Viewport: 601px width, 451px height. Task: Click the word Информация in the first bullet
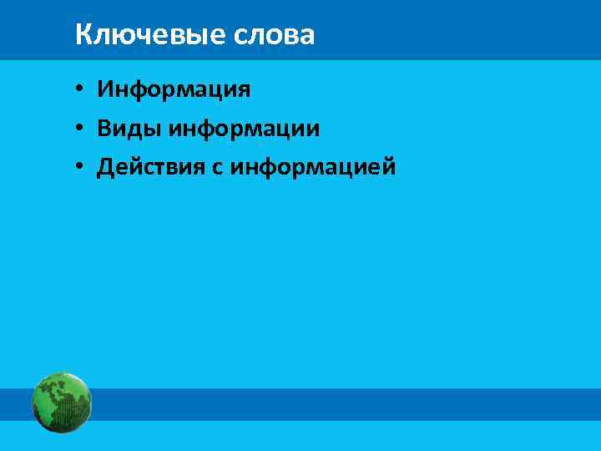174,89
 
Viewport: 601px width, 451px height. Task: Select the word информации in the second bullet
244,128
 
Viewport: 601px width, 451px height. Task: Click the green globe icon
62,402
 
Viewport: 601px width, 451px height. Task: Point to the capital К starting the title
82,35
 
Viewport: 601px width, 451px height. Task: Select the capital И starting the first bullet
104,89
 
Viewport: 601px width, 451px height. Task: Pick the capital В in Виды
104,128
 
